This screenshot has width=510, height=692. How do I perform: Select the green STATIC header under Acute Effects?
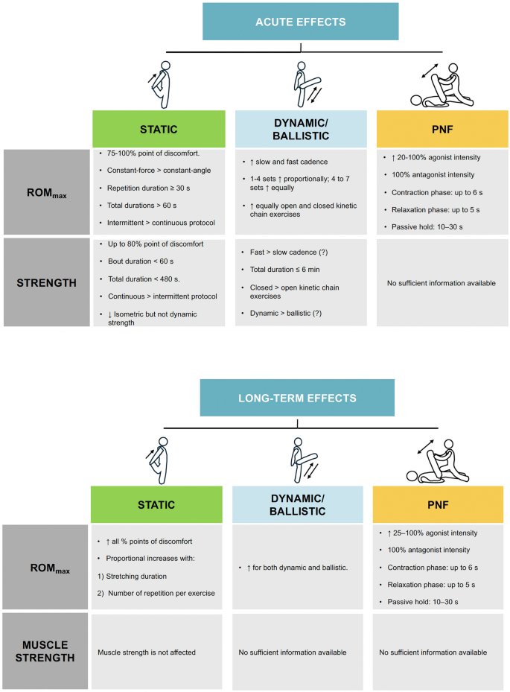[158, 129]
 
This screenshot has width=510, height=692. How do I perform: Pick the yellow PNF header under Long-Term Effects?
[434, 504]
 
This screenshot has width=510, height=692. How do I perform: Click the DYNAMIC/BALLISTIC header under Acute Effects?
[300, 129]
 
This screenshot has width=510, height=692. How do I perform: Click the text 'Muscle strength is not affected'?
[147, 653]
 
